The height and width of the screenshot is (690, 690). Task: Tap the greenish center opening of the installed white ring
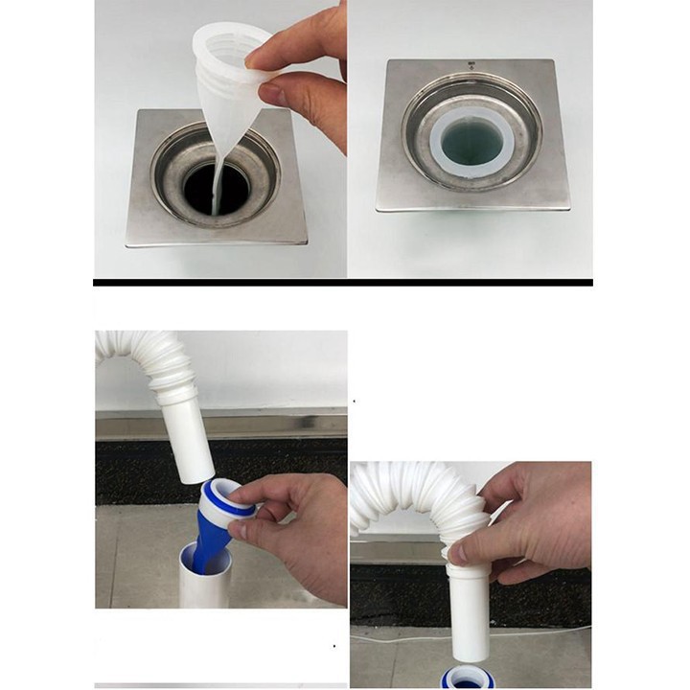(472, 141)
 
